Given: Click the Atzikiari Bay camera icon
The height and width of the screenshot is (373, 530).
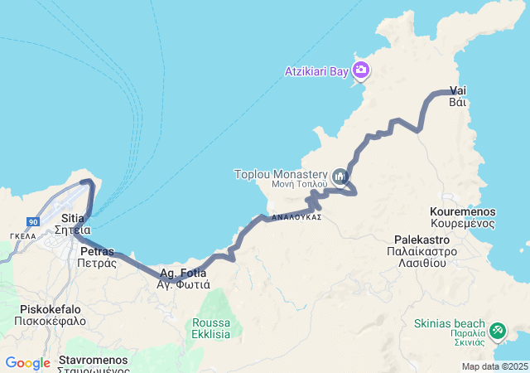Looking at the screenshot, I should [360, 70].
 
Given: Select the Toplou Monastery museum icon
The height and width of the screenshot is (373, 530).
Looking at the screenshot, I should [340, 177].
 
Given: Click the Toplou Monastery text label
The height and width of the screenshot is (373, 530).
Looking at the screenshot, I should [281, 174].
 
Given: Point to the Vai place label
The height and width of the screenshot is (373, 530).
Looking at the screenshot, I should [458, 90].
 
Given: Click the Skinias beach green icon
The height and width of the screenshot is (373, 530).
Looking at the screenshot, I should [498, 330].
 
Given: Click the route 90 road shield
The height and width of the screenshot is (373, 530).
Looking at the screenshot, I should [33, 222].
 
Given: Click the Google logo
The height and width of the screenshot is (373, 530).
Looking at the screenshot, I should [27, 363].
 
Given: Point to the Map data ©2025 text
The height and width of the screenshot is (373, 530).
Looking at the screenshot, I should [494, 366].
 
